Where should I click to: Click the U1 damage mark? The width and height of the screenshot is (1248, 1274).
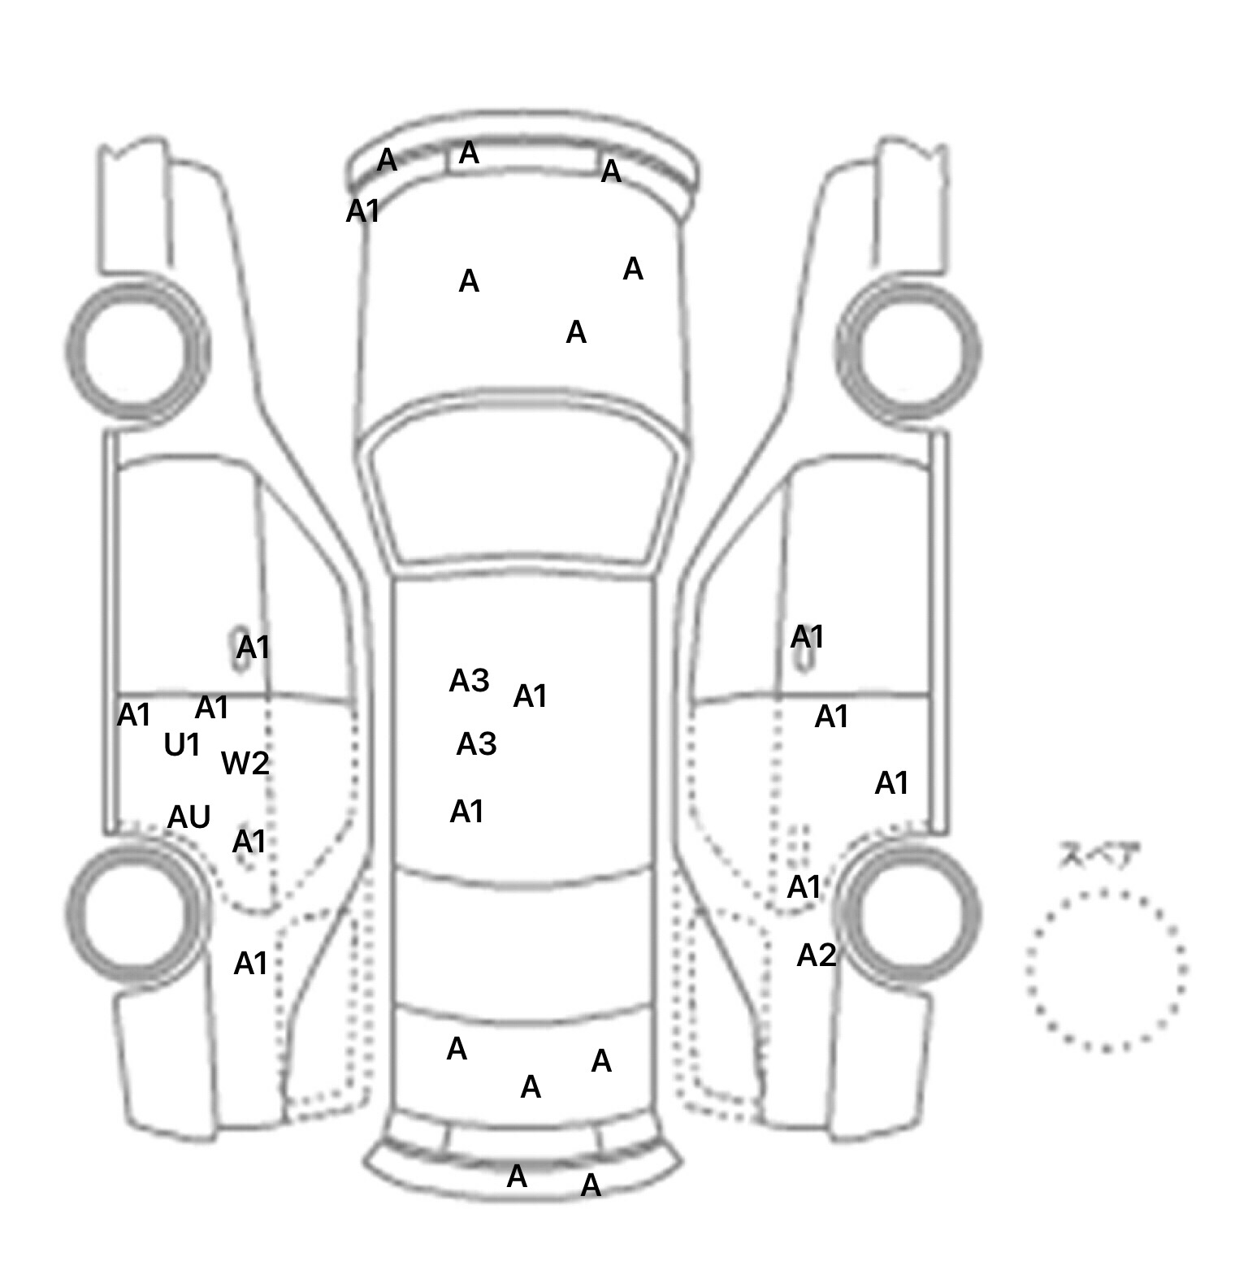pyautogui.click(x=182, y=744)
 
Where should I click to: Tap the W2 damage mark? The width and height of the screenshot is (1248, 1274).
pyautogui.click(x=245, y=763)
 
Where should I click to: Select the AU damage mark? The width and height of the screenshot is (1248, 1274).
pyautogui.click(x=189, y=817)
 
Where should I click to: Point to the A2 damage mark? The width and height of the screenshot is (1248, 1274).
pyautogui.click(x=817, y=955)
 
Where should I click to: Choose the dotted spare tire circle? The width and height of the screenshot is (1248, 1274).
pyautogui.click(x=1106, y=894)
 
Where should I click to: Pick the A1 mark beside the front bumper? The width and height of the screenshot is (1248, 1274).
pyautogui.click(x=363, y=211)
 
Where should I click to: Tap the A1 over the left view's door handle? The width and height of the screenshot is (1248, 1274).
pyautogui.click(x=253, y=648)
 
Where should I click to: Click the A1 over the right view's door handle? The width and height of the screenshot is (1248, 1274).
pyautogui.click(x=808, y=637)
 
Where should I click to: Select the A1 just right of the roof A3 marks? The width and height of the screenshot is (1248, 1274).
pyautogui.click(x=530, y=696)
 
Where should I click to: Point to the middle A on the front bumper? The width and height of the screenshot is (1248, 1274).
pyautogui.click(x=469, y=153)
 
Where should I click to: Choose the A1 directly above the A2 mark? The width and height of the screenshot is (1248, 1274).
pyautogui.click(x=804, y=887)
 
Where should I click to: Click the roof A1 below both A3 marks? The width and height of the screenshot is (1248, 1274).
pyautogui.click(x=467, y=811)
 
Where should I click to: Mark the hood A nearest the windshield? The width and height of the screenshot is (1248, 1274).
pyautogui.click(x=576, y=331)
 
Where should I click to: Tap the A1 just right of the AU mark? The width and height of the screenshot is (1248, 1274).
pyautogui.click(x=249, y=842)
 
